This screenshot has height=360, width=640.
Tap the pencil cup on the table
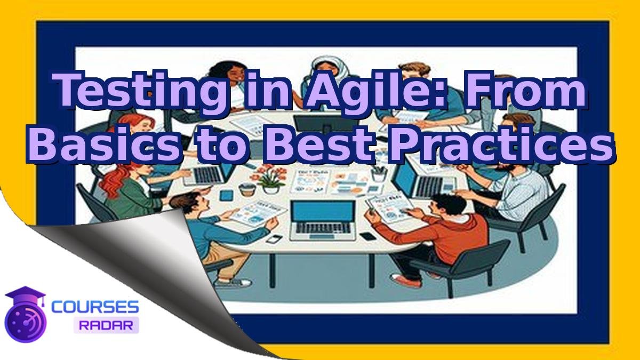click(x=379, y=174)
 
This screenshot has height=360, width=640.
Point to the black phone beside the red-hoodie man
click(x=367, y=235)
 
